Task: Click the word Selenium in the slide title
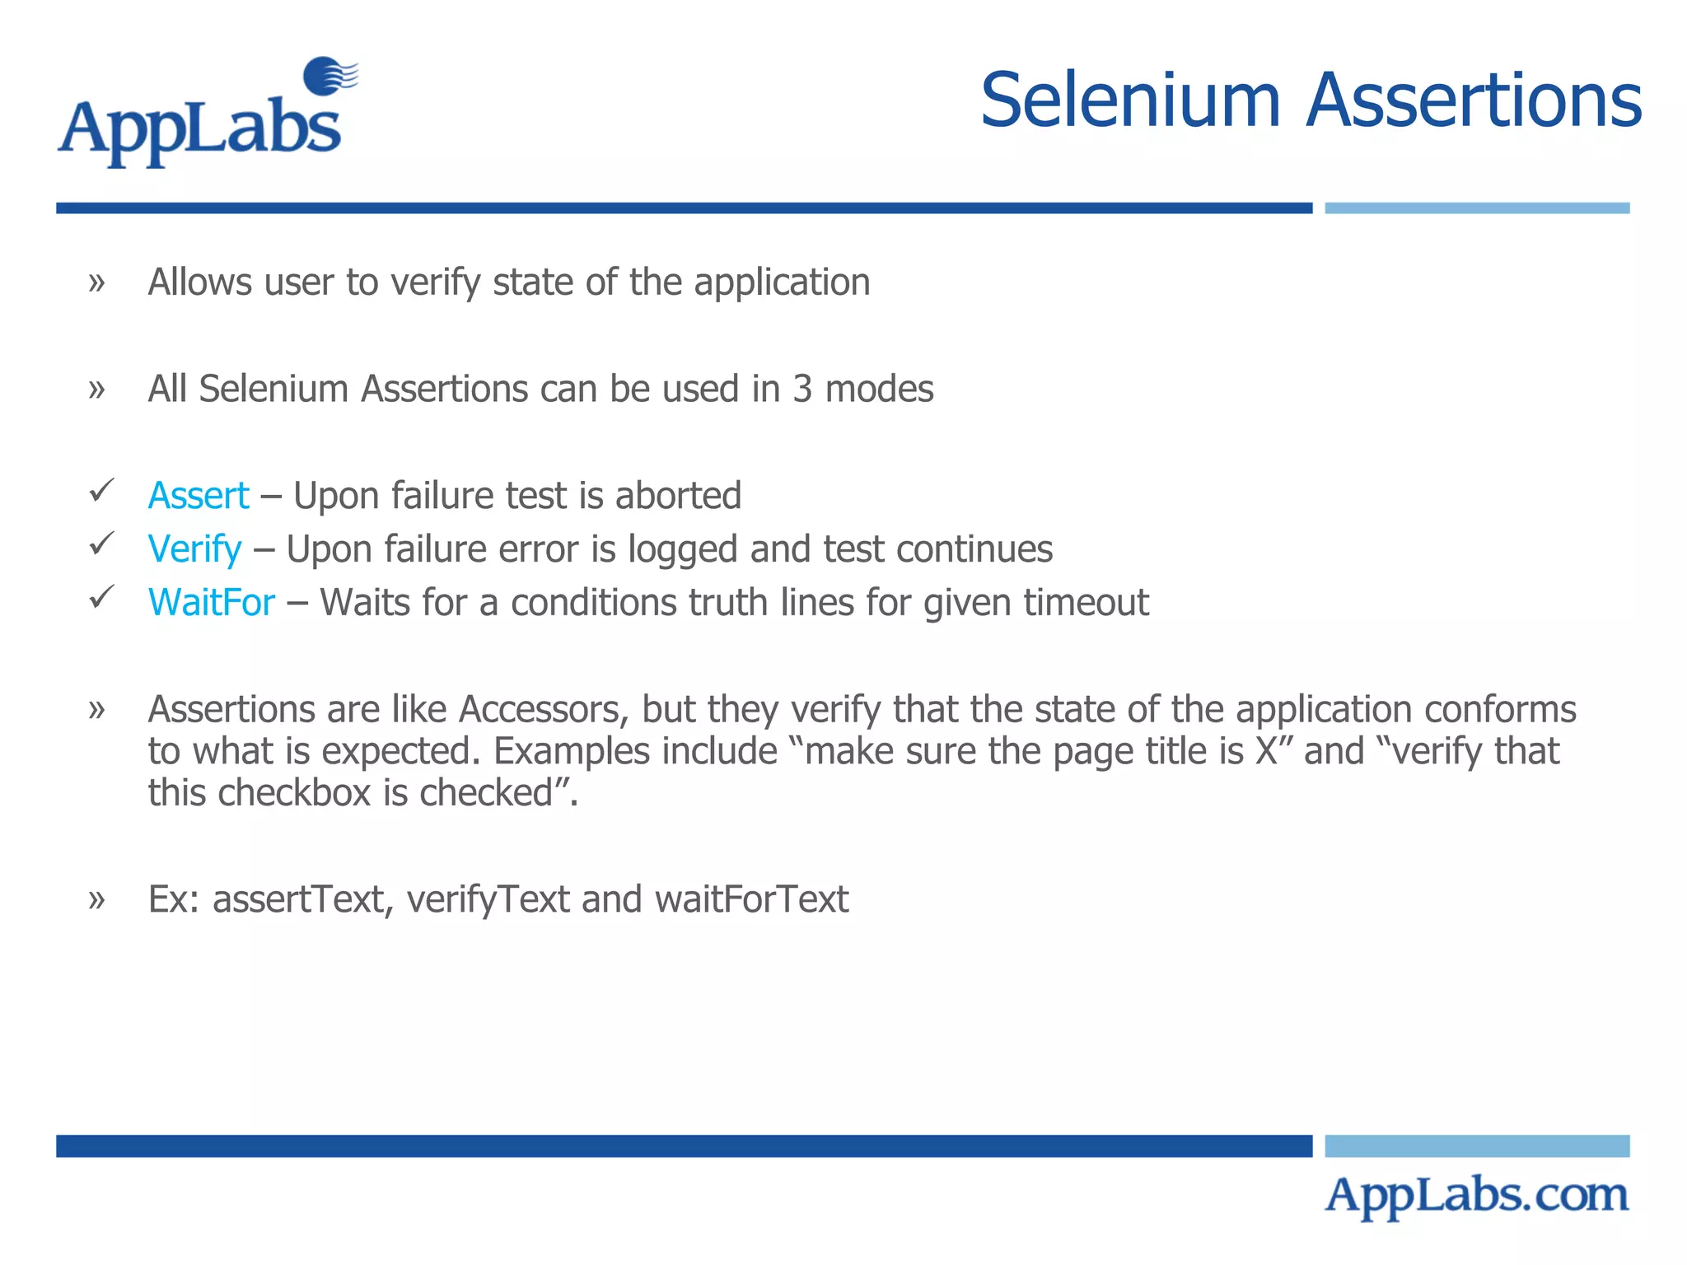1129,101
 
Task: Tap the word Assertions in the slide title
1474,101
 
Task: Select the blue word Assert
198,496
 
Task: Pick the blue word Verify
194,549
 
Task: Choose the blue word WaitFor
211,603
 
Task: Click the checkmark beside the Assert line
101,491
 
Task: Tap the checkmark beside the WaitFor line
101,597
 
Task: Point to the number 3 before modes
802,389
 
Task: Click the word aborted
677,496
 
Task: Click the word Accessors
543,710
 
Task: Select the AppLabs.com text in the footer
1476,1196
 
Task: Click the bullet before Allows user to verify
97,283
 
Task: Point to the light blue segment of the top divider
1476,208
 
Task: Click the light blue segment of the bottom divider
1476,1146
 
